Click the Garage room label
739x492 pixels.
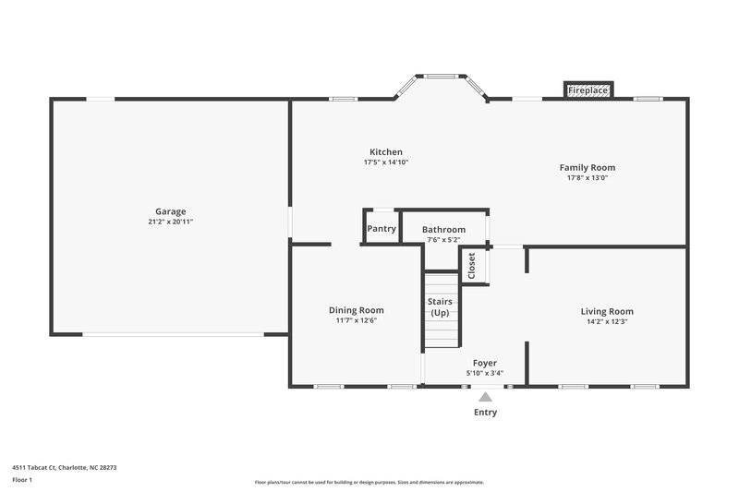coord(170,211)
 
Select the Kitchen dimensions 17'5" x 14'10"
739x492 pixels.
coord(386,162)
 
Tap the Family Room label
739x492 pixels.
coord(588,167)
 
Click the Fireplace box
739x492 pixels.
coord(588,90)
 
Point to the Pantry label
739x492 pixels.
coord(382,229)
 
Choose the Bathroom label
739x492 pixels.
coord(443,229)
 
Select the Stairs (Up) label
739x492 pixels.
coord(440,307)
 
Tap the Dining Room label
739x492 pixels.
coord(357,310)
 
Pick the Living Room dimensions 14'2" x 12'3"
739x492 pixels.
coord(607,321)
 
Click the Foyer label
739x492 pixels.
coord(485,364)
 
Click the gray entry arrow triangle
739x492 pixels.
coord(485,397)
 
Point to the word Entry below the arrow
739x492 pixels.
coord(485,413)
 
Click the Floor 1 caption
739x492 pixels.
coord(23,480)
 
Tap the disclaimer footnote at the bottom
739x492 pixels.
coord(369,482)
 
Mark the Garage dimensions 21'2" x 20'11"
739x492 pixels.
coord(170,222)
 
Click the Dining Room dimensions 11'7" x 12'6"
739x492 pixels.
coord(357,320)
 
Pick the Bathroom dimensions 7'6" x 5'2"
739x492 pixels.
coord(443,240)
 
